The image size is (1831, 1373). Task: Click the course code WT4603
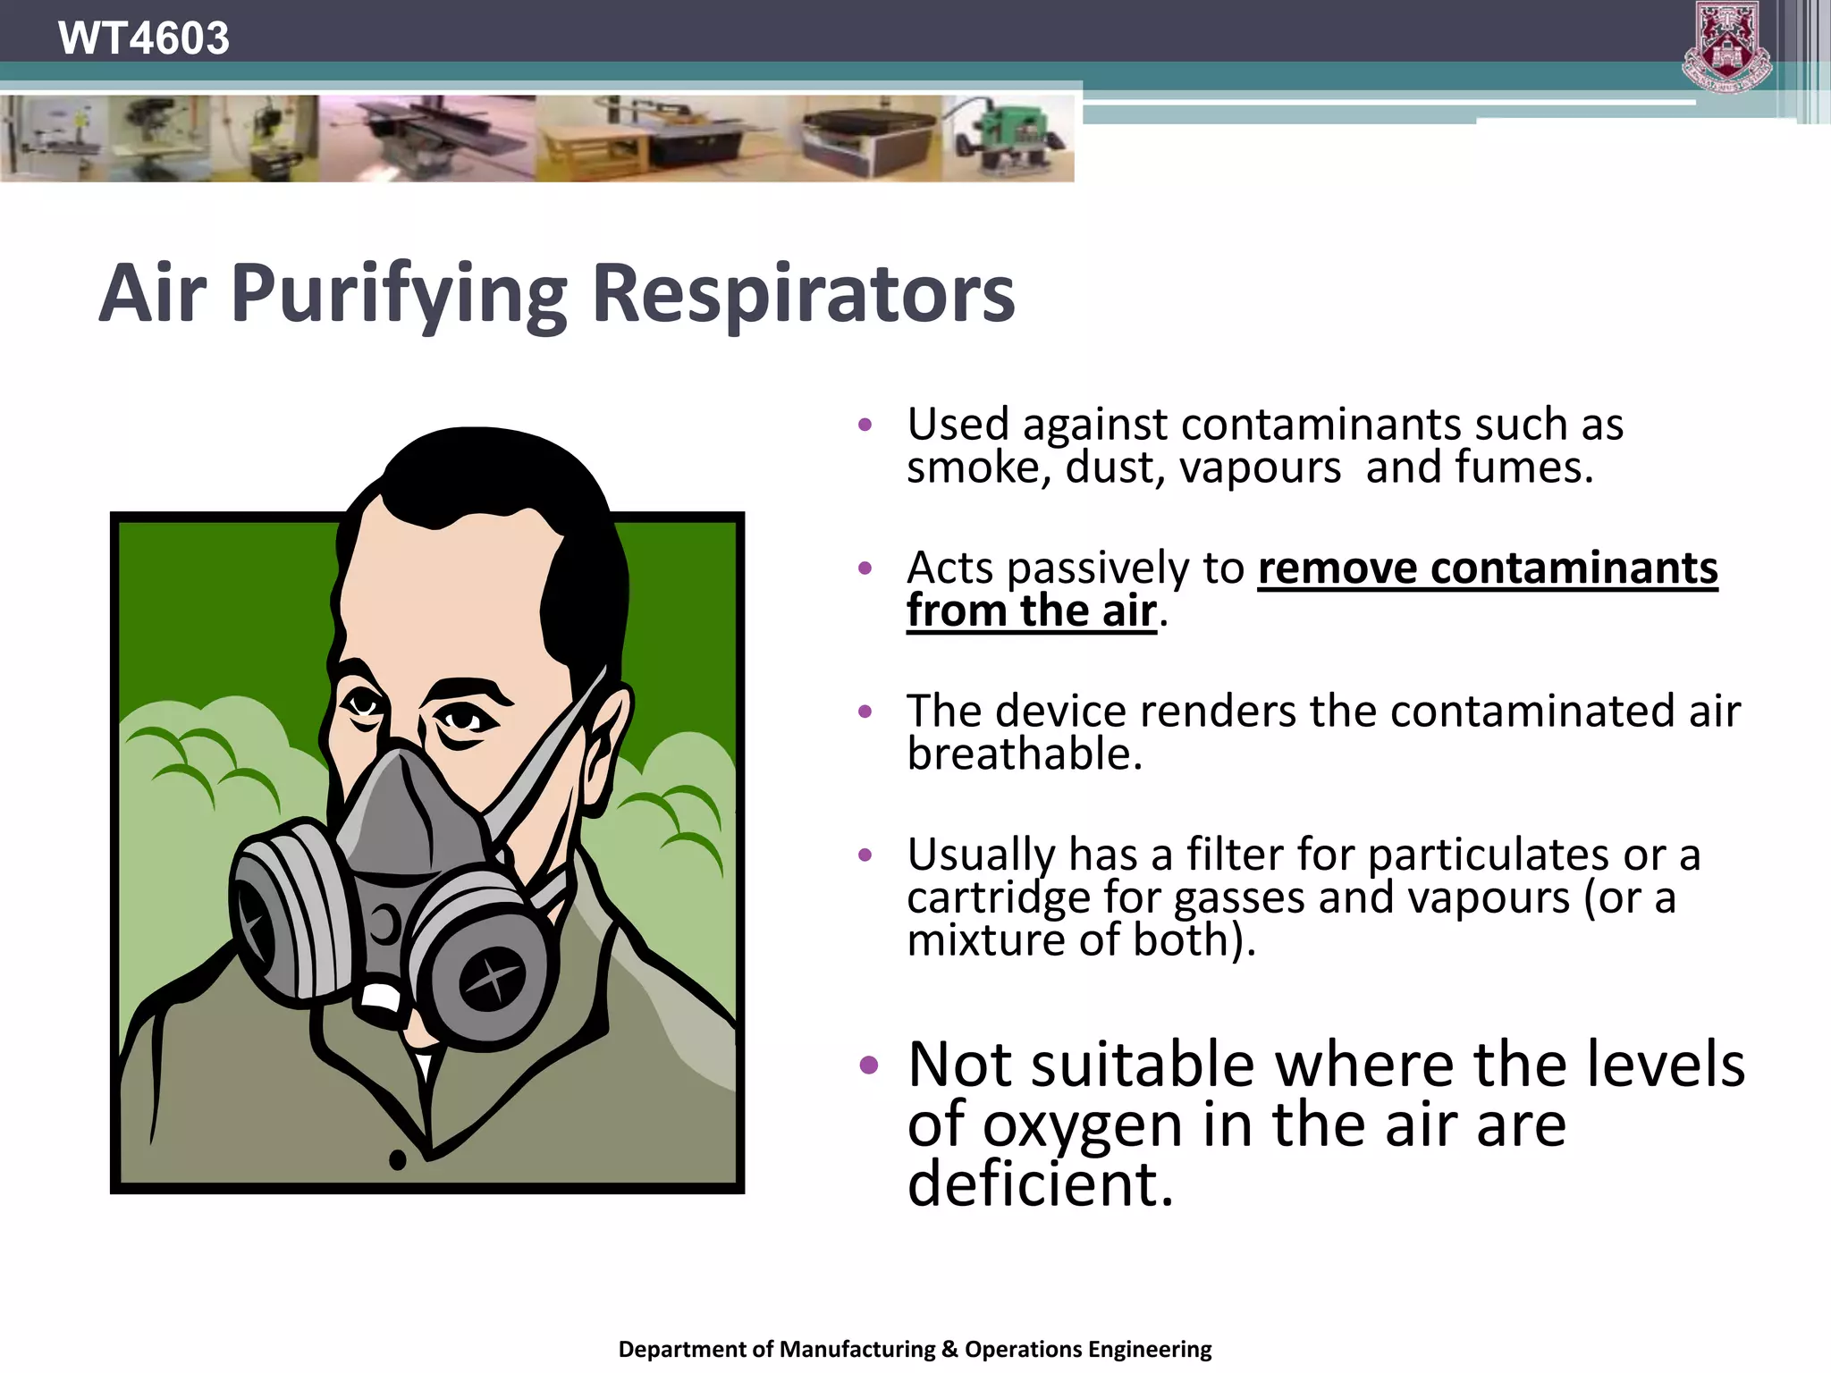tap(143, 38)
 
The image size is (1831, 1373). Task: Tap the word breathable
tap(1025, 754)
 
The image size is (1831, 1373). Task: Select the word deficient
tap(1039, 1183)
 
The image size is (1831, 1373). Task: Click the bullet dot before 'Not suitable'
tap(868, 1065)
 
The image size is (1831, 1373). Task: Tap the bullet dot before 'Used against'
tap(865, 425)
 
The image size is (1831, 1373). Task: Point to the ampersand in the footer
tap(949, 1349)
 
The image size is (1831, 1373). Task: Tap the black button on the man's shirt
tap(398, 1160)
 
